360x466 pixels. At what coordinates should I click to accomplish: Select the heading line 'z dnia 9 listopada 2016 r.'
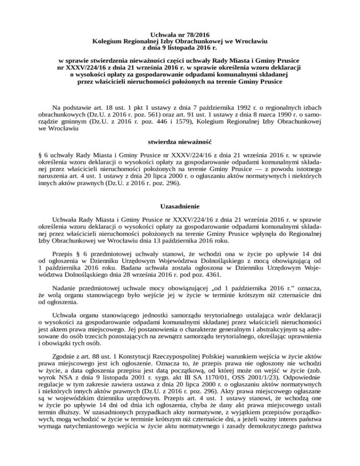coord(180,47)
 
